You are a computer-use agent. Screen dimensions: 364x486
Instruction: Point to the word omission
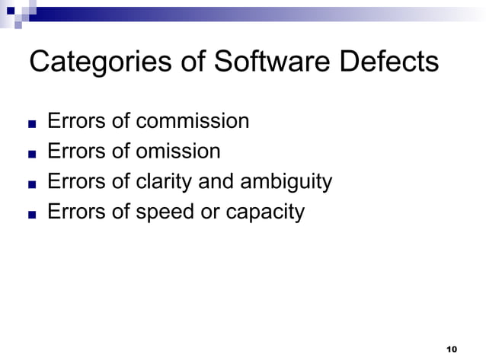(x=178, y=152)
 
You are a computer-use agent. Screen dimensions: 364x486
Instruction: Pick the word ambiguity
(x=286, y=182)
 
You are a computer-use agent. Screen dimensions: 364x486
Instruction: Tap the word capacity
(x=265, y=212)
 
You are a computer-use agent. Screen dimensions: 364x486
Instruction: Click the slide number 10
(x=450, y=350)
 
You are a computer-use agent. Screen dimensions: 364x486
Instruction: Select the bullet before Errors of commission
(x=31, y=123)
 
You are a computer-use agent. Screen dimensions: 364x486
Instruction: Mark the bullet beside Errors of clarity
(x=31, y=184)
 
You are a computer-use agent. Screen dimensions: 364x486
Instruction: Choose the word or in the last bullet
(x=210, y=212)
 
